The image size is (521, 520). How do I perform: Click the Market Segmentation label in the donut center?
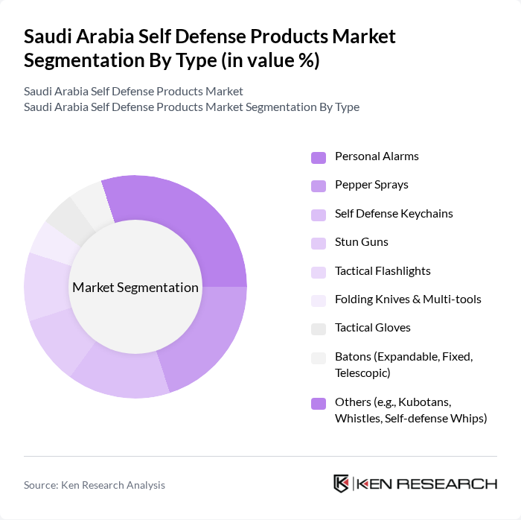click(135, 288)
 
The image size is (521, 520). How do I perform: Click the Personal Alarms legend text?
click(377, 156)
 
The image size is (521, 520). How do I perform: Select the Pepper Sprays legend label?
click(371, 185)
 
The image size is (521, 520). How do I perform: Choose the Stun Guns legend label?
click(361, 242)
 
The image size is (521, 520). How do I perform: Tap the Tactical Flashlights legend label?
click(383, 270)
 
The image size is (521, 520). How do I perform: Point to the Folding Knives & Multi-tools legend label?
click(408, 299)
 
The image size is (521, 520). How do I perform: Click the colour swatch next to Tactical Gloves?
click(319, 329)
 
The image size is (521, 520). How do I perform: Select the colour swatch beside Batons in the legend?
click(319, 358)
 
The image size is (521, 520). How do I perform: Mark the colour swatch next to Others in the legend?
click(319, 403)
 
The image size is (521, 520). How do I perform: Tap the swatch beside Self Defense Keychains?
click(319, 215)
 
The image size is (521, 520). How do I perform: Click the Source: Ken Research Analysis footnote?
click(95, 485)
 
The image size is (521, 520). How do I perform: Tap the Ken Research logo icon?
click(342, 484)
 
